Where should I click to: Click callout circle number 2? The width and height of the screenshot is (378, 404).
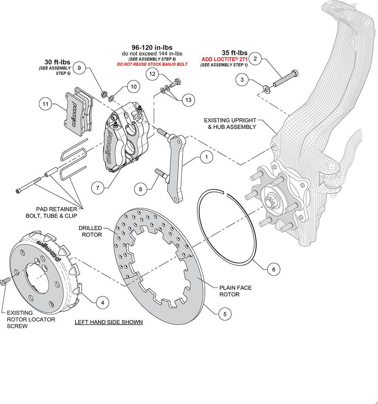255,59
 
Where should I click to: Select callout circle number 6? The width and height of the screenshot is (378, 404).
274,269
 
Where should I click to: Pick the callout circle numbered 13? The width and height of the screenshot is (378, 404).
188,100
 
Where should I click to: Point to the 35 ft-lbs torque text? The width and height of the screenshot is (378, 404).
234,53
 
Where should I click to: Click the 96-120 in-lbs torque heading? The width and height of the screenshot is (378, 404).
152,48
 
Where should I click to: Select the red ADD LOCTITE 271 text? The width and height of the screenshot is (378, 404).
225,59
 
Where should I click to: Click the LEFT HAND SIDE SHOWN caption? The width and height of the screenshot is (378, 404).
108,322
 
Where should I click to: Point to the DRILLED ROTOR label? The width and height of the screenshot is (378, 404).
90,231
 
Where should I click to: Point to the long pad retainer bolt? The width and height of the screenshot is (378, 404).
28,186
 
